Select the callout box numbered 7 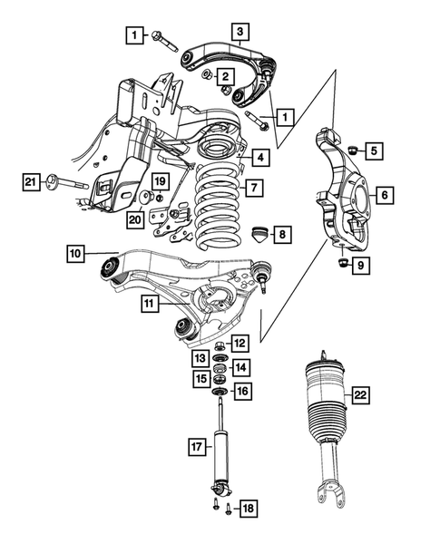tap(256, 189)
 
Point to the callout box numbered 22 tap(361, 395)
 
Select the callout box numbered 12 tap(239, 344)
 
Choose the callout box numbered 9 tap(362, 266)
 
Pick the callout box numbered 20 tap(135, 218)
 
